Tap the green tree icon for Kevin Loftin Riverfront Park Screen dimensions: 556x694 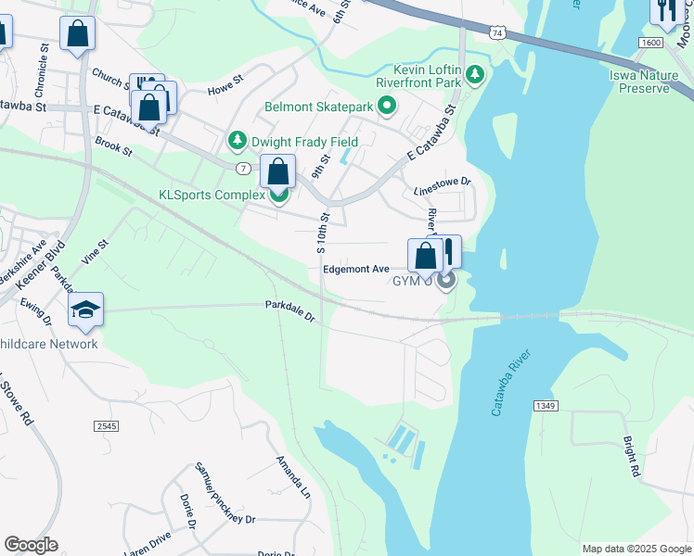(476, 73)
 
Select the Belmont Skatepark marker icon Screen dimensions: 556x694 (387, 107)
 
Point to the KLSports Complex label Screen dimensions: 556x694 (212, 195)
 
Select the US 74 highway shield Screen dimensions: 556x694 (498, 32)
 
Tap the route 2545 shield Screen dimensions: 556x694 (106, 425)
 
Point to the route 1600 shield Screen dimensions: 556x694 (650, 43)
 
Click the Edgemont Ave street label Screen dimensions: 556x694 (356, 269)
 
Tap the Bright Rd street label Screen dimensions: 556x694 (632, 457)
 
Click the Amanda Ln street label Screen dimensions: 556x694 (293, 475)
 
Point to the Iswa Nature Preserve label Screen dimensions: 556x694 (639, 82)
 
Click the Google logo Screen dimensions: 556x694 (31, 545)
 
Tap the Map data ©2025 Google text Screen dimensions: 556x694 (636, 549)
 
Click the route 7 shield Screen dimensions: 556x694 (242, 168)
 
